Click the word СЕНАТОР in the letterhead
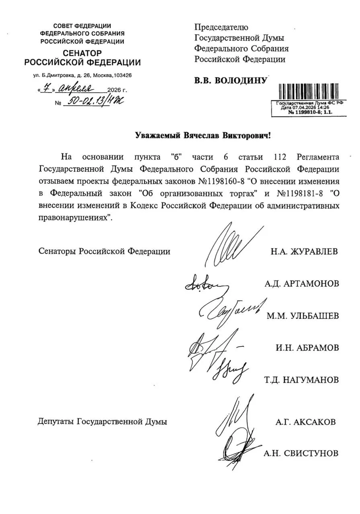pos(82,53)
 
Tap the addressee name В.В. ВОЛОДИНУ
pos(231,81)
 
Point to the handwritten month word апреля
pos(76,89)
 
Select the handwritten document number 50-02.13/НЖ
pos(95,102)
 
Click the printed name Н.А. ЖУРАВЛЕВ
pos(304,252)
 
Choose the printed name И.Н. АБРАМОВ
pos(307,348)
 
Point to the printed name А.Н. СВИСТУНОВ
pos(301,454)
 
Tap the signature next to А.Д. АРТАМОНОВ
pos(205,286)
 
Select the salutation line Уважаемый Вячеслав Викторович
pos(203,136)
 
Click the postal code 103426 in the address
pos(123,75)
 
